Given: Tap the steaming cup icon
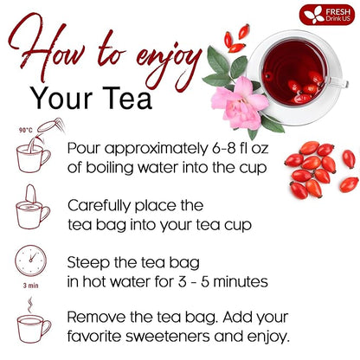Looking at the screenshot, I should pos(34,325).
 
